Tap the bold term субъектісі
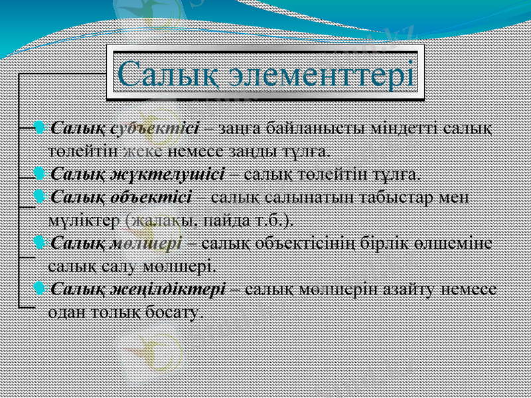[155, 127]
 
